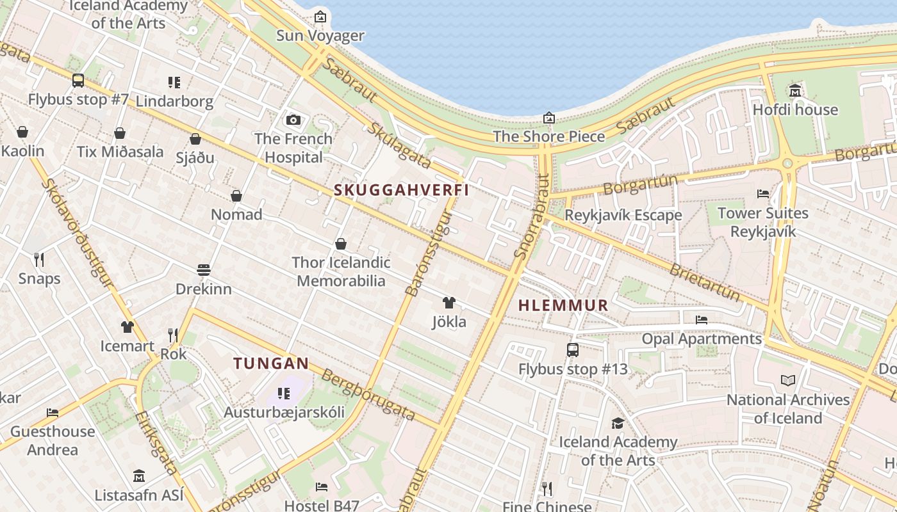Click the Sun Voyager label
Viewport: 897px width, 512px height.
(320, 35)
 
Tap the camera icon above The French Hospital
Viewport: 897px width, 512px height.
(293, 120)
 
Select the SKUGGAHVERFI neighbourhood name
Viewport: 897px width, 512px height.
(401, 190)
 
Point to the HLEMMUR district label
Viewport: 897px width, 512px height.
(563, 305)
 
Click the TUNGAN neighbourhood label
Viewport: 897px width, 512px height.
(271, 364)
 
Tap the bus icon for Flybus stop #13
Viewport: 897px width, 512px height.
(573, 350)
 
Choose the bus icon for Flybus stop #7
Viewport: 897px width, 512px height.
(78, 81)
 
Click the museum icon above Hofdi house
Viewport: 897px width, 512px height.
(795, 90)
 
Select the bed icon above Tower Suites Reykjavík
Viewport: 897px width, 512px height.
(762, 193)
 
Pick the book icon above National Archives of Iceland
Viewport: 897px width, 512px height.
(787, 381)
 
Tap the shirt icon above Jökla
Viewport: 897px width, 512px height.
(448, 303)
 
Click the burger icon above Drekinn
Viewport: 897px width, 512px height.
(204, 270)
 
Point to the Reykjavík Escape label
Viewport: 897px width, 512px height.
(623, 215)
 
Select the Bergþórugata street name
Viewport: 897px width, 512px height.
(368, 395)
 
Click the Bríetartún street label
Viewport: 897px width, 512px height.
(704, 282)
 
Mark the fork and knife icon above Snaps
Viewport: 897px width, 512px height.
(39, 259)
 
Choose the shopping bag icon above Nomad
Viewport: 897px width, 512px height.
(236, 195)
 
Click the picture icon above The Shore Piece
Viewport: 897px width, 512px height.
(548, 118)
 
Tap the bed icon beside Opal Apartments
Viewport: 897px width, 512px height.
(702, 319)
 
